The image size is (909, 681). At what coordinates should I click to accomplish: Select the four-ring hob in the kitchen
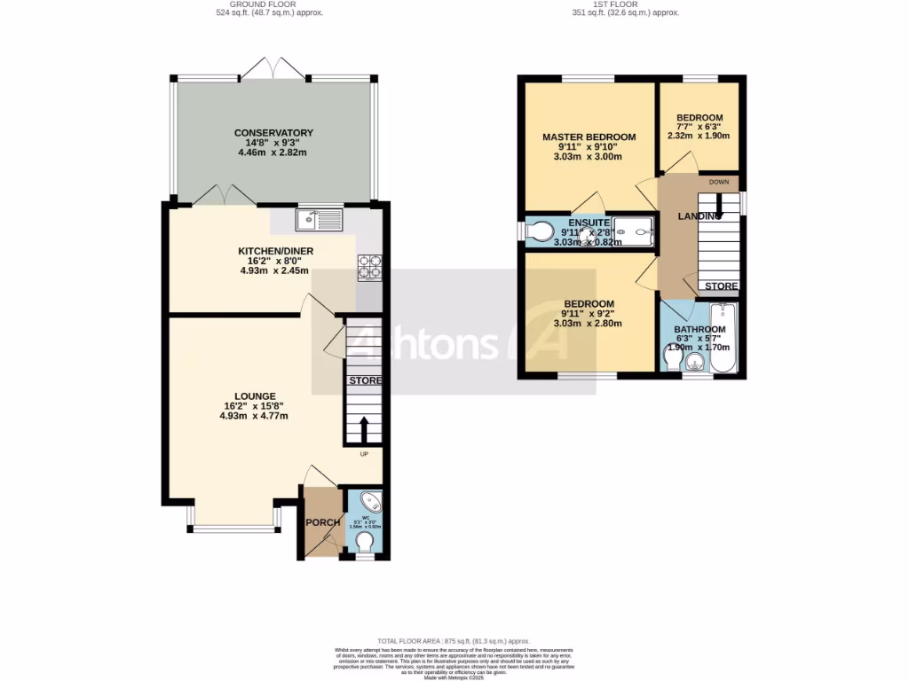368,267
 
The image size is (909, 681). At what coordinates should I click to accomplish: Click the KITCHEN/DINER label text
275,251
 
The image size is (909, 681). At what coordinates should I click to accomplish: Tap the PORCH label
324,522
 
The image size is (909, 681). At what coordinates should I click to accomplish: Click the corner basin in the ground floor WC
373,502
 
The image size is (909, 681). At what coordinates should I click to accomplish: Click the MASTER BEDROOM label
589,137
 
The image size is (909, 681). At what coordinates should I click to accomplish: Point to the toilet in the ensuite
538,231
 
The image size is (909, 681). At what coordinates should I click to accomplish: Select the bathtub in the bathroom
722,339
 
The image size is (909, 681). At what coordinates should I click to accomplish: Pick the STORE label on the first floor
720,286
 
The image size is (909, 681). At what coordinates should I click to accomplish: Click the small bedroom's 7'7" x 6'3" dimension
700,127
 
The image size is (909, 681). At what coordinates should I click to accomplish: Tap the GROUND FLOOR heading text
270,4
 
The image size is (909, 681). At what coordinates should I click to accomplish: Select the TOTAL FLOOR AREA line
453,640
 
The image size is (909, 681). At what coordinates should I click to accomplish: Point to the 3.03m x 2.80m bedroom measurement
588,323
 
